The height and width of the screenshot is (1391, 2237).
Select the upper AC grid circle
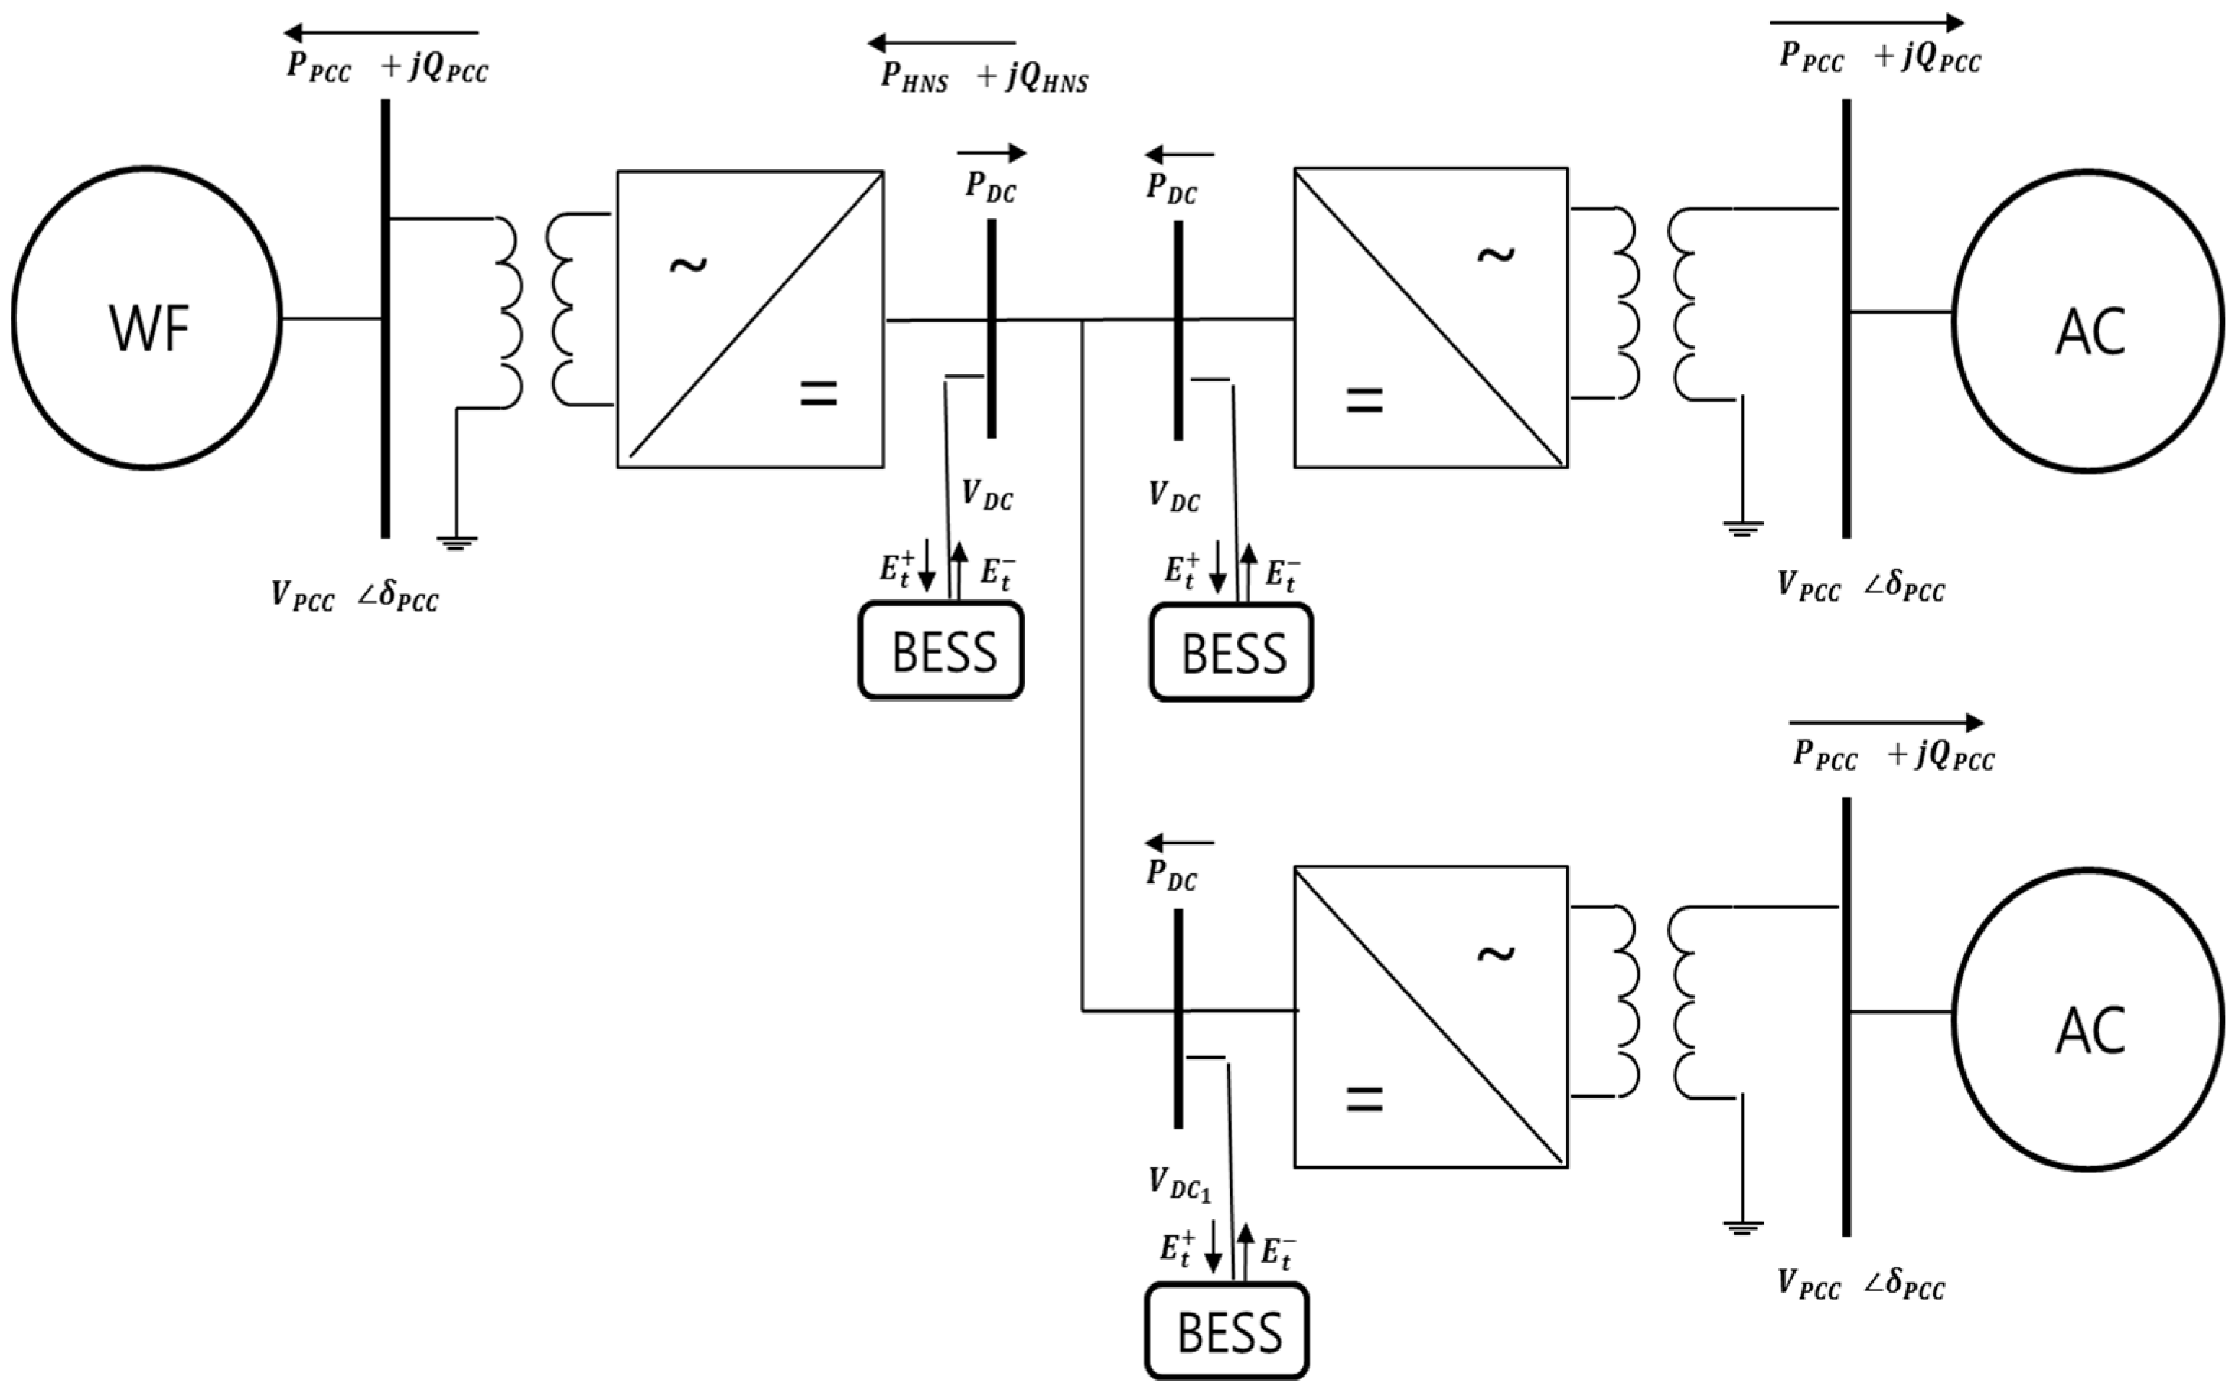point(2088,322)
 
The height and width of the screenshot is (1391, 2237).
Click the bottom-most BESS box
point(1227,1331)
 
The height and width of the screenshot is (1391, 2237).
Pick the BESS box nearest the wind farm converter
point(941,650)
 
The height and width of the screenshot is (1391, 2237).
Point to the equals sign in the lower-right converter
point(1364,1098)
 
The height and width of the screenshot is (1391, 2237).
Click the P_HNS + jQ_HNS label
point(984,76)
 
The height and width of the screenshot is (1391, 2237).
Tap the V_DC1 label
point(1179,1184)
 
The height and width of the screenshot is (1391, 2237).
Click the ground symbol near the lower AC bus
point(1742,1227)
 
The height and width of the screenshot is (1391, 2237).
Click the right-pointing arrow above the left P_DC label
point(992,153)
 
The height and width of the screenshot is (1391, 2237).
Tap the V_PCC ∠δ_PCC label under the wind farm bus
point(355,596)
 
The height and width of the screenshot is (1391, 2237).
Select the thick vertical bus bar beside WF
point(385,317)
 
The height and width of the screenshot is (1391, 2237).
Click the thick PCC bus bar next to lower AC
point(1846,1017)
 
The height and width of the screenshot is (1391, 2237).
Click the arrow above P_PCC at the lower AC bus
point(1886,723)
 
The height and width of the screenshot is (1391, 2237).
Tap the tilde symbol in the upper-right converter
point(1496,255)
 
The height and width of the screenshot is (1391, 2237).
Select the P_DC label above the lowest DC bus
point(1171,874)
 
